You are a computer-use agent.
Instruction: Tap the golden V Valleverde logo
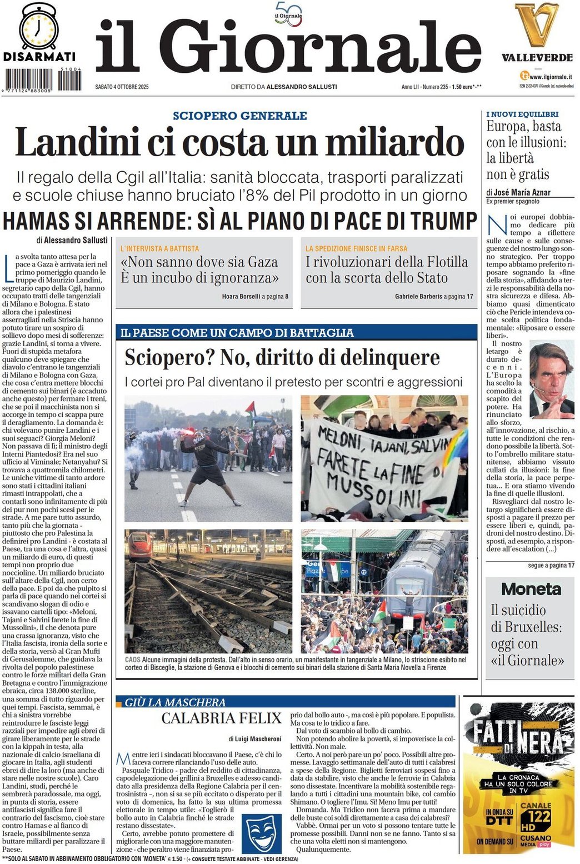tap(536, 25)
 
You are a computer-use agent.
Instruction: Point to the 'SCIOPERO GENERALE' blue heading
tap(240, 116)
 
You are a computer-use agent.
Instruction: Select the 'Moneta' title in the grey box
tap(531, 589)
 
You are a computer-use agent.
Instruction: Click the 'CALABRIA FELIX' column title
tap(222, 718)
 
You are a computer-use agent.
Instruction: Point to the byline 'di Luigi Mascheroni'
tap(254, 739)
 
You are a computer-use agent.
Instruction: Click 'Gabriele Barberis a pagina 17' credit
tap(434, 297)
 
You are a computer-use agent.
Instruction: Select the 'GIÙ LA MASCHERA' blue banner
tap(175, 702)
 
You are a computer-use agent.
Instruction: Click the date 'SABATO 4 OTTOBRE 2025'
tap(122, 87)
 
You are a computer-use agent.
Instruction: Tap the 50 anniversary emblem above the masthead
tap(289, 14)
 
